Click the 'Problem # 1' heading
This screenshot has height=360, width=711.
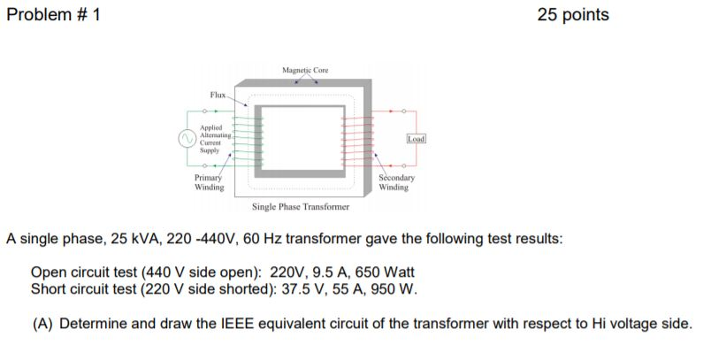[53, 15]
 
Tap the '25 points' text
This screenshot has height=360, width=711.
[573, 15]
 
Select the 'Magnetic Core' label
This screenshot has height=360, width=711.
[305, 70]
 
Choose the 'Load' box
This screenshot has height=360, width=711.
[417, 139]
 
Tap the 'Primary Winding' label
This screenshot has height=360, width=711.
[210, 182]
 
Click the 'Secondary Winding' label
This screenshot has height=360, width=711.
[394, 182]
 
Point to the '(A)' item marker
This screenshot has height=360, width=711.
[43, 323]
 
